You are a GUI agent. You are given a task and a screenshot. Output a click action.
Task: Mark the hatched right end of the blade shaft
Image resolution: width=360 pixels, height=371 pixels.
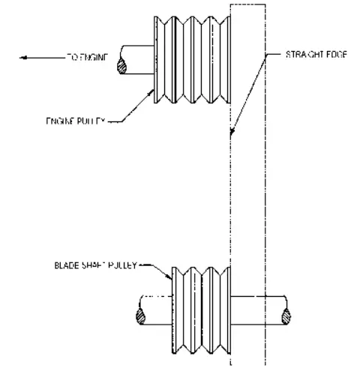286,316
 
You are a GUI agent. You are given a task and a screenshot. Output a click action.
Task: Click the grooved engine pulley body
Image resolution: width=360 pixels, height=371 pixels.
191,60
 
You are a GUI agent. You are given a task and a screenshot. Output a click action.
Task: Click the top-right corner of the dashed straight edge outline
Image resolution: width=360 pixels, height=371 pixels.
265,5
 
